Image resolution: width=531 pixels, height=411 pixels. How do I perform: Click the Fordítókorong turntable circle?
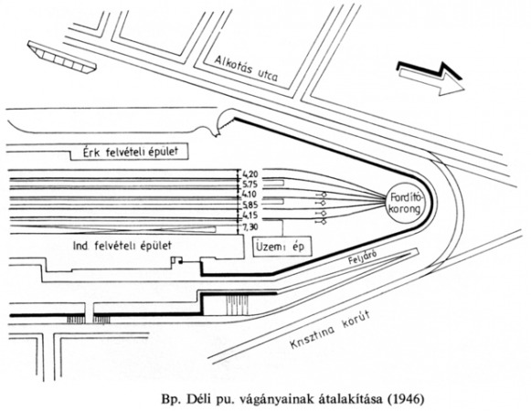click(405, 204)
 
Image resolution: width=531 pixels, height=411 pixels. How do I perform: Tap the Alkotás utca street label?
click(246, 68)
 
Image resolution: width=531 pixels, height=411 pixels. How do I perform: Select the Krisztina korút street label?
click(330, 330)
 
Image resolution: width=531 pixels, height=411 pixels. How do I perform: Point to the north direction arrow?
click(430, 79)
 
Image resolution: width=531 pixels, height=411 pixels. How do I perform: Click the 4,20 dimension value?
click(250, 174)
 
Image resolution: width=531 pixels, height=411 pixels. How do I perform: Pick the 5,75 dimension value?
click(250, 184)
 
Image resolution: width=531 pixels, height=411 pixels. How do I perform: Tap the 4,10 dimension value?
click(250, 195)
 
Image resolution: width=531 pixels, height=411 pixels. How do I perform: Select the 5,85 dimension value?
click(250, 205)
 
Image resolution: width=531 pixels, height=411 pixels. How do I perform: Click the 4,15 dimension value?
click(250, 216)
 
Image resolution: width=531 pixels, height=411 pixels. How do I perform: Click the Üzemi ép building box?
click(282, 246)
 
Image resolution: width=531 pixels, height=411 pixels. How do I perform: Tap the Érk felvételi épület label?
click(131, 152)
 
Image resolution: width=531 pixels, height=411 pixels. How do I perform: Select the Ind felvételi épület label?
click(122, 246)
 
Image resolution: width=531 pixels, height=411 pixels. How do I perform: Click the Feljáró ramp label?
click(362, 258)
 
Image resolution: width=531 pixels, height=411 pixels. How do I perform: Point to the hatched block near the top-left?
click(61, 57)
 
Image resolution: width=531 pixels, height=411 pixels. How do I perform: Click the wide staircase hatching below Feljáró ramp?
click(238, 305)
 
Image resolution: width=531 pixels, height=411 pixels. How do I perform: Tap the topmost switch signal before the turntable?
click(321, 195)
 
